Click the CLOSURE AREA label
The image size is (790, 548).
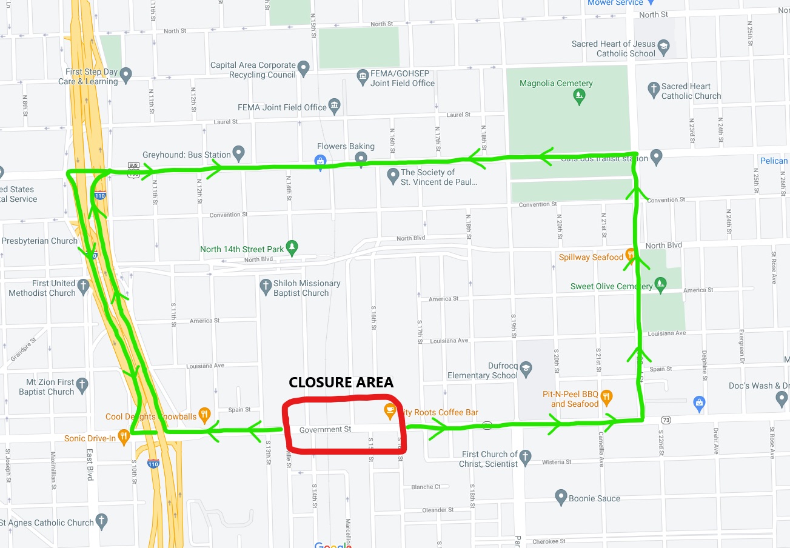(341, 382)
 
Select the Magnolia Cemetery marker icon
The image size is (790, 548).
(580, 95)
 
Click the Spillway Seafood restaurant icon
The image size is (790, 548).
(631, 256)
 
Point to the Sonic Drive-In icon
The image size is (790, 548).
(124, 436)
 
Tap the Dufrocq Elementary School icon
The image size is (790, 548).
(525, 368)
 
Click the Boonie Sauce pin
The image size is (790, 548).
(561, 498)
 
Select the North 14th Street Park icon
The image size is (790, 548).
(292, 247)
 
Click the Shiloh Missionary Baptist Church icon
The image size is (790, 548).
(265, 286)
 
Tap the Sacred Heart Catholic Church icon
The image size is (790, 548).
(654, 89)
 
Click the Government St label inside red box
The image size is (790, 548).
(325, 429)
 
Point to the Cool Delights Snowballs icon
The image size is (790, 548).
(204, 415)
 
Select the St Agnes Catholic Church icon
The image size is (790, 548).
(102, 520)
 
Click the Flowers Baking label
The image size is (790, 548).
(346, 146)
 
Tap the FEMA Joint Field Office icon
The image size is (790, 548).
(334, 106)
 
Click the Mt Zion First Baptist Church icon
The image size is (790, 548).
(82, 384)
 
